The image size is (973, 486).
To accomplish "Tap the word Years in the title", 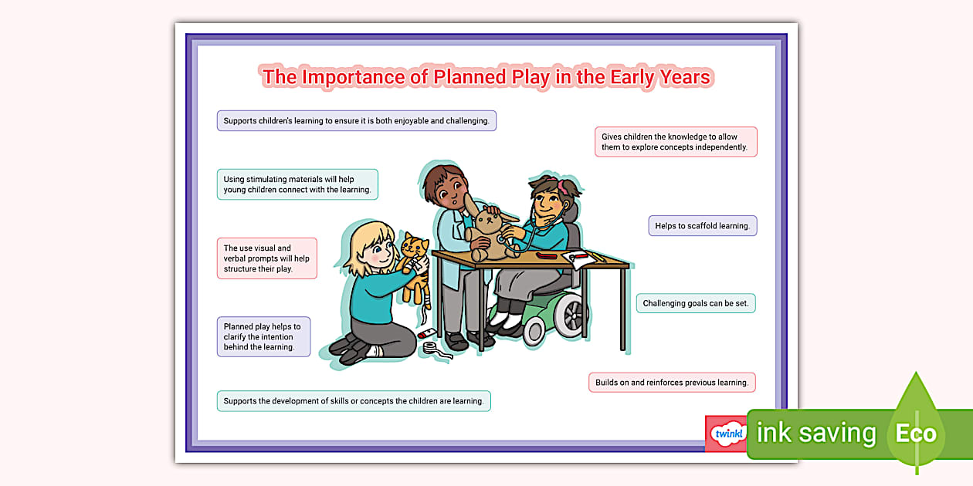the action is pos(684,77).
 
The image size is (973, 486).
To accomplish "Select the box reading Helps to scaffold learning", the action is pos(703,225).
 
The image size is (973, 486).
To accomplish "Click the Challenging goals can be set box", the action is pos(696,303).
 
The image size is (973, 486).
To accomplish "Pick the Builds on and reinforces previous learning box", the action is pos(672,383).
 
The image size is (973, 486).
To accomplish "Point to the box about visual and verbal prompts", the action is pos(266,258).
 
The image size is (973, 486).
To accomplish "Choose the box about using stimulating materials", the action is pos(297,184).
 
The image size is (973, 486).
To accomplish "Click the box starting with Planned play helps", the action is pos(263,336).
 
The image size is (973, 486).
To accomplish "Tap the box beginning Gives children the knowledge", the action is pos(676,142).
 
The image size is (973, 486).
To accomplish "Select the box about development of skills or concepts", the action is pos(354,401).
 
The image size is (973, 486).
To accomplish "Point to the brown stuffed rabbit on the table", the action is pos(489,230).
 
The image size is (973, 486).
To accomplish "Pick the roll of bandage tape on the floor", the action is pos(430,348).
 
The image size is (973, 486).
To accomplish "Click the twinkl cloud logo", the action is pos(728,433).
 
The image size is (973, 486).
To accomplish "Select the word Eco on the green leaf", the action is pos(916,434).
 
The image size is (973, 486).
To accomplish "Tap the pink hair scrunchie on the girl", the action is pos(561,186).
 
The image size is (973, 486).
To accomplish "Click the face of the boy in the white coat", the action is pos(453,194).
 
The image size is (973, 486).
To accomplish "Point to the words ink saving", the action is pos(816,434).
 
